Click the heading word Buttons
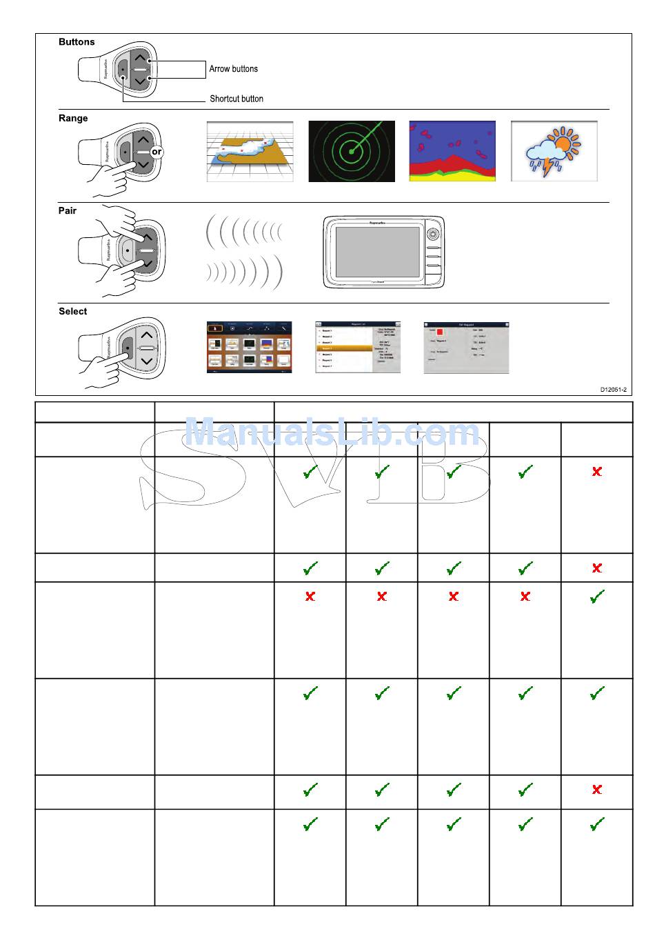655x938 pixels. pos(77,42)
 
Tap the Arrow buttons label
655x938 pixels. pos(233,69)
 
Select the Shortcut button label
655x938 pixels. pos(236,99)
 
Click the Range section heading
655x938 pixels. pos(73,119)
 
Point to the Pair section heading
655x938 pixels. pos(68,211)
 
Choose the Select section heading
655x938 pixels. pos(72,312)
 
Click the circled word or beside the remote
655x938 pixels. pos(157,152)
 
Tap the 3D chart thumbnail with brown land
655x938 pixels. pos(250,152)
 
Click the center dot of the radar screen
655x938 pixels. pos(351,152)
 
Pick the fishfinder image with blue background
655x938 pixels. pos(452,151)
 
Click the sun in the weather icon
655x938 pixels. pos(564,143)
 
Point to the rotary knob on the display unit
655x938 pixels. pos(432,233)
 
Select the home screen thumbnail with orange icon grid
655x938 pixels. pos(249,348)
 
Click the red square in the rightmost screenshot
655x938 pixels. pos(440,332)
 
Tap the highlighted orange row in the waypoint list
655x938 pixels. pos(344,349)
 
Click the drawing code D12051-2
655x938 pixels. pos(613,390)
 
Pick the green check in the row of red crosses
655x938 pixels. pos(597,597)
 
